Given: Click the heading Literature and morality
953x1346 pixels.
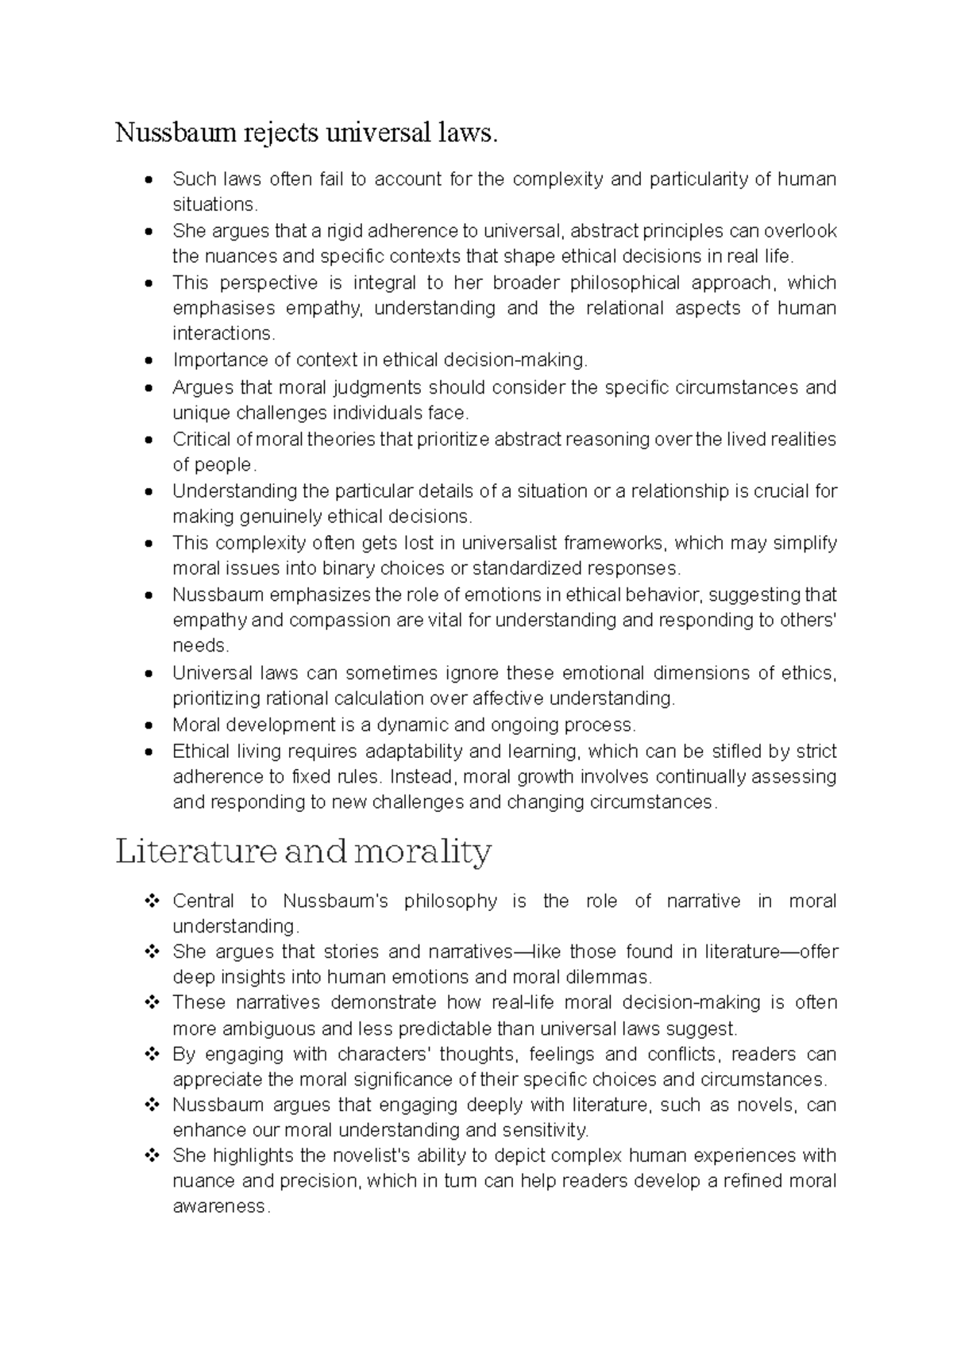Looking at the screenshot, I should (x=303, y=852).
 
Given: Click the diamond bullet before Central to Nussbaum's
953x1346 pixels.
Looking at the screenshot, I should (x=149, y=901).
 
